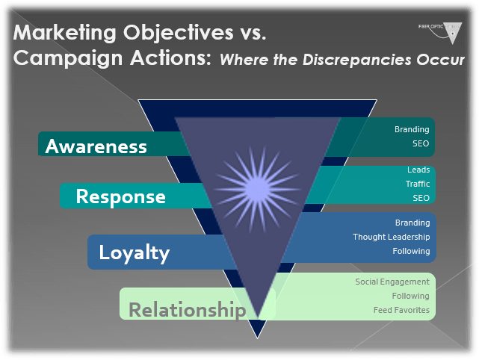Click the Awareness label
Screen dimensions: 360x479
point(96,146)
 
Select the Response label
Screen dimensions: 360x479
point(120,196)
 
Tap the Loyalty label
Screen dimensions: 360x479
point(135,252)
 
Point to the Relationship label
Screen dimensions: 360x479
point(187,308)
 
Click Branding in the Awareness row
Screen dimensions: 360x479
point(412,129)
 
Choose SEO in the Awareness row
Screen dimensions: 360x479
point(421,143)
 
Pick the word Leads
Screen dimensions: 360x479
point(418,170)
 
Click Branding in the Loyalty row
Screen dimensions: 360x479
point(412,223)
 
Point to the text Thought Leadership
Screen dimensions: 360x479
point(391,237)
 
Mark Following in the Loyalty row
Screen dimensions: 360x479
point(411,251)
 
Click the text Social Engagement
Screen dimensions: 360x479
point(392,282)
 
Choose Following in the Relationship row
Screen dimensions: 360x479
point(411,296)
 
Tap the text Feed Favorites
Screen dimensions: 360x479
point(402,310)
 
